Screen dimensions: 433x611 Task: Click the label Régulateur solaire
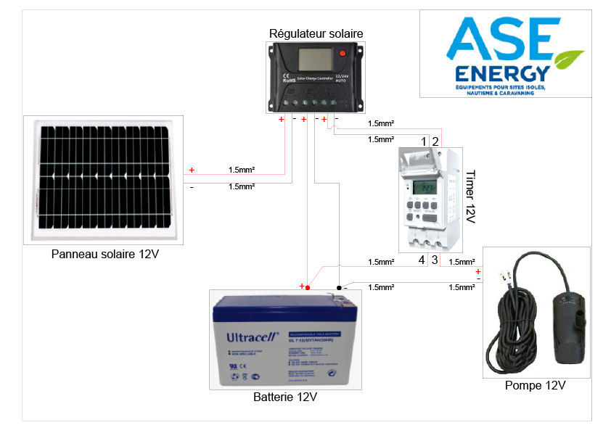coord(316,33)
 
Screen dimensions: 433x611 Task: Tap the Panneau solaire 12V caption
coord(104,255)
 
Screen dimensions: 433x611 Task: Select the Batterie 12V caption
coord(285,397)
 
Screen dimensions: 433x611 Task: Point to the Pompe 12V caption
coord(535,385)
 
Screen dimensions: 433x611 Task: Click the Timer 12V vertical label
coord(470,197)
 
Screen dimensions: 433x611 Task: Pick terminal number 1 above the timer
coord(423,141)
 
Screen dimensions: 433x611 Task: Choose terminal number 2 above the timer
coord(435,141)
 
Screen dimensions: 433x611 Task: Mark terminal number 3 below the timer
coord(435,260)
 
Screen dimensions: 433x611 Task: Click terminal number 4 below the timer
coord(422,260)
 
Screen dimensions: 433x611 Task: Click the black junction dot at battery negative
coord(339,287)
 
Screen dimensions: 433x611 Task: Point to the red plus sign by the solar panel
coord(192,170)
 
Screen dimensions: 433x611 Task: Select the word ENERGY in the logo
coord(501,74)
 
